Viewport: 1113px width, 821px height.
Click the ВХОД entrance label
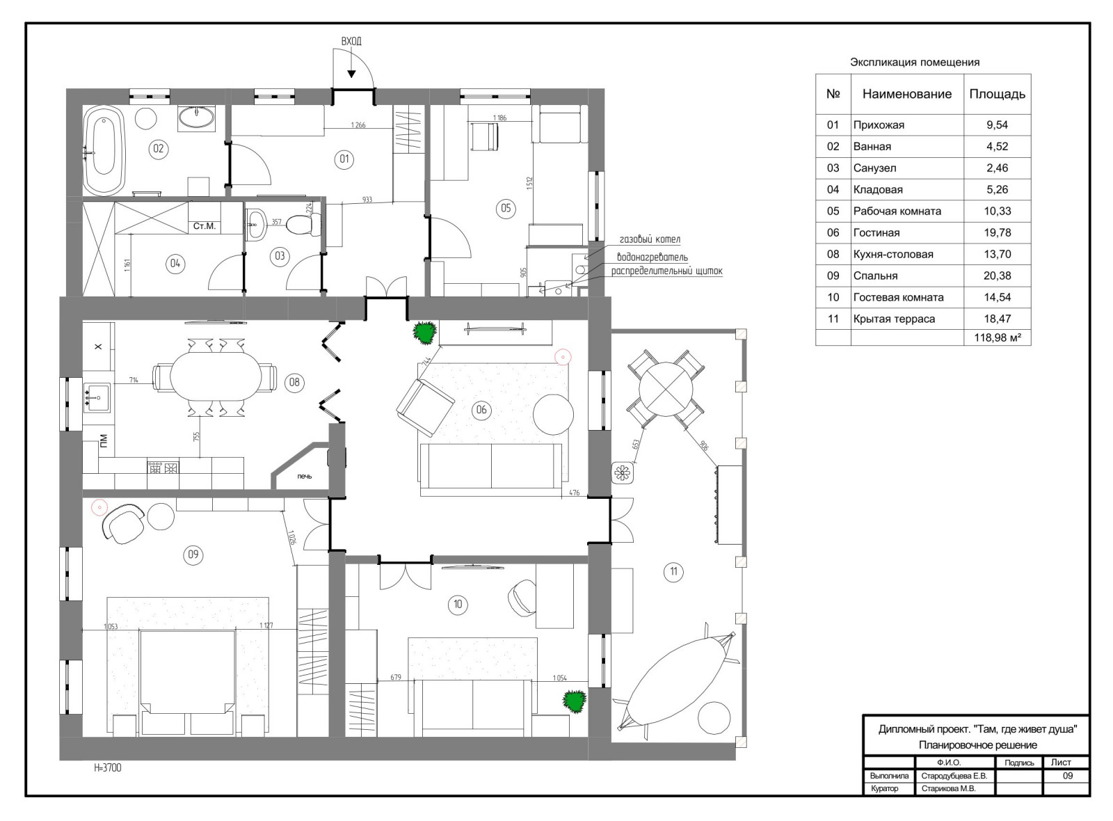point(351,41)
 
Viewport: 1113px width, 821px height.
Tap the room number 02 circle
point(159,149)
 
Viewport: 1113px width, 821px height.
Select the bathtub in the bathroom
point(104,151)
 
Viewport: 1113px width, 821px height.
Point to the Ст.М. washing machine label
point(205,226)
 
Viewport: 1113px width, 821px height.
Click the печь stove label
point(305,476)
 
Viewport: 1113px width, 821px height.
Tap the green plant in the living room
point(424,333)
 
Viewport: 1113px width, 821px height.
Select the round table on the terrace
point(666,389)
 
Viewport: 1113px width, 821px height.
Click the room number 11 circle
point(673,571)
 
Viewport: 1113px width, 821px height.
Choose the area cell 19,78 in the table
point(998,232)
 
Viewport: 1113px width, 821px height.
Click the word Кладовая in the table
point(878,189)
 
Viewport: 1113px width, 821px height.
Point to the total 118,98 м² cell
point(998,337)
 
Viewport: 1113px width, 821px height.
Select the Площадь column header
point(998,94)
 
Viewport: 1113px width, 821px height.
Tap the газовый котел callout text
point(650,239)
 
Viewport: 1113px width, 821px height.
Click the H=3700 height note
point(108,768)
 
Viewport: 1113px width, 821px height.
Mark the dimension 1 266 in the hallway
point(358,125)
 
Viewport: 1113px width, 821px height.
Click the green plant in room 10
point(575,701)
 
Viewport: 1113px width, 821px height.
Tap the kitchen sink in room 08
point(97,397)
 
